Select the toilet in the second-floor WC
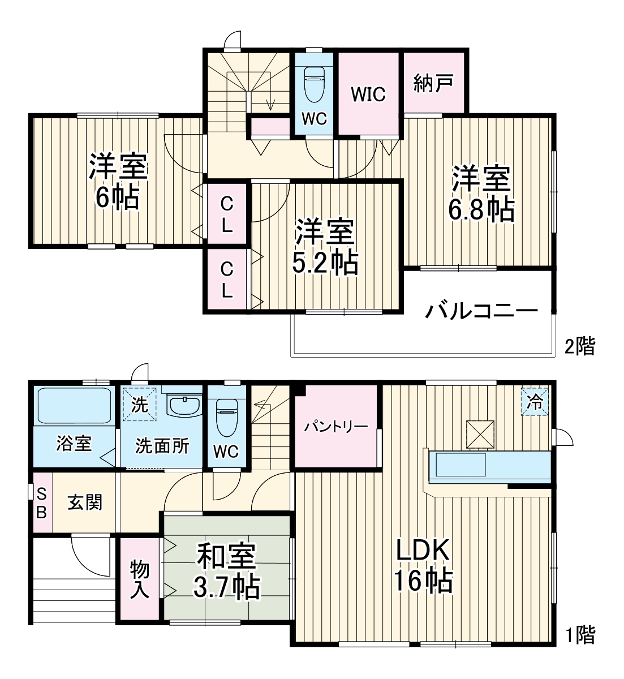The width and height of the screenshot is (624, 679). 314,85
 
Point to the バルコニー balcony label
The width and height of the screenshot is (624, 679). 481,311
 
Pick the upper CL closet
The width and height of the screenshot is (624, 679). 226,214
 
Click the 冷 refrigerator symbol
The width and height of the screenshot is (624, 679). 534,402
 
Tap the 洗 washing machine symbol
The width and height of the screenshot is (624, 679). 140,405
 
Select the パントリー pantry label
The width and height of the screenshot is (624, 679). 337,426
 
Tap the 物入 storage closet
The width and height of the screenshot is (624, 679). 140,579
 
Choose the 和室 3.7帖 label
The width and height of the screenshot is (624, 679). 227,571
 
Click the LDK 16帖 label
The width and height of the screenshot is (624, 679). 423,565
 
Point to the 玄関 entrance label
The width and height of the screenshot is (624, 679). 85,502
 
